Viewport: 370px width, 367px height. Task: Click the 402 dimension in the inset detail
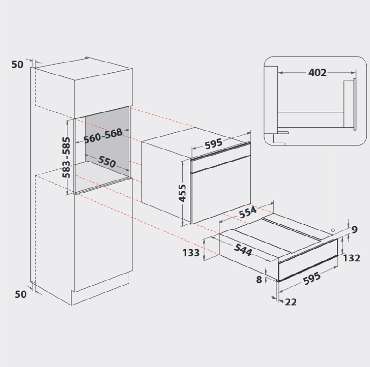pyautogui.click(x=317, y=73)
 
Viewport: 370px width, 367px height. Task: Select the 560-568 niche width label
pyautogui.click(x=103, y=136)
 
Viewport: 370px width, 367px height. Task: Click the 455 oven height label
pyautogui.click(x=182, y=193)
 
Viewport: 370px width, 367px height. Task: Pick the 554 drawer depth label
pyautogui.click(x=247, y=212)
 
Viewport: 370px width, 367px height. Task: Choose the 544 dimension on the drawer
pyautogui.click(x=243, y=250)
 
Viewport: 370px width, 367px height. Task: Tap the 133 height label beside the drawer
pyautogui.click(x=191, y=253)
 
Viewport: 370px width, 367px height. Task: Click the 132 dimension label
pyautogui.click(x=351, y=258)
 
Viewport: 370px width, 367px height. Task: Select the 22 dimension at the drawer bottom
pyautogui.click(x=291, y=302)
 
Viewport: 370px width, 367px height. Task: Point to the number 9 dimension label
pyautogui.click(x=354, y=230)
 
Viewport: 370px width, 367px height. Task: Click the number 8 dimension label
pyautogui.click(x=259, y=280)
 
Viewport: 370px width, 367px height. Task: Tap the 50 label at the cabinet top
pyautogui.click(x=18, y=64)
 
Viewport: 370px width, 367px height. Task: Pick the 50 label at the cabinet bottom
pyautogui.click(x=20, y=294)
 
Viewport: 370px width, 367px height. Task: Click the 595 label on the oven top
pyautogui.click(x=214, y=143)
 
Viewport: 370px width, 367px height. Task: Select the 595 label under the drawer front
pyautogui.click(x=312, y=279)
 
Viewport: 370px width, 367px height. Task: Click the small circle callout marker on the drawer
pyautogui.click(x=333, y=230)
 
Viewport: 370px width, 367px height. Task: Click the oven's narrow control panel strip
pyautogui.click(x=221, y=164)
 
